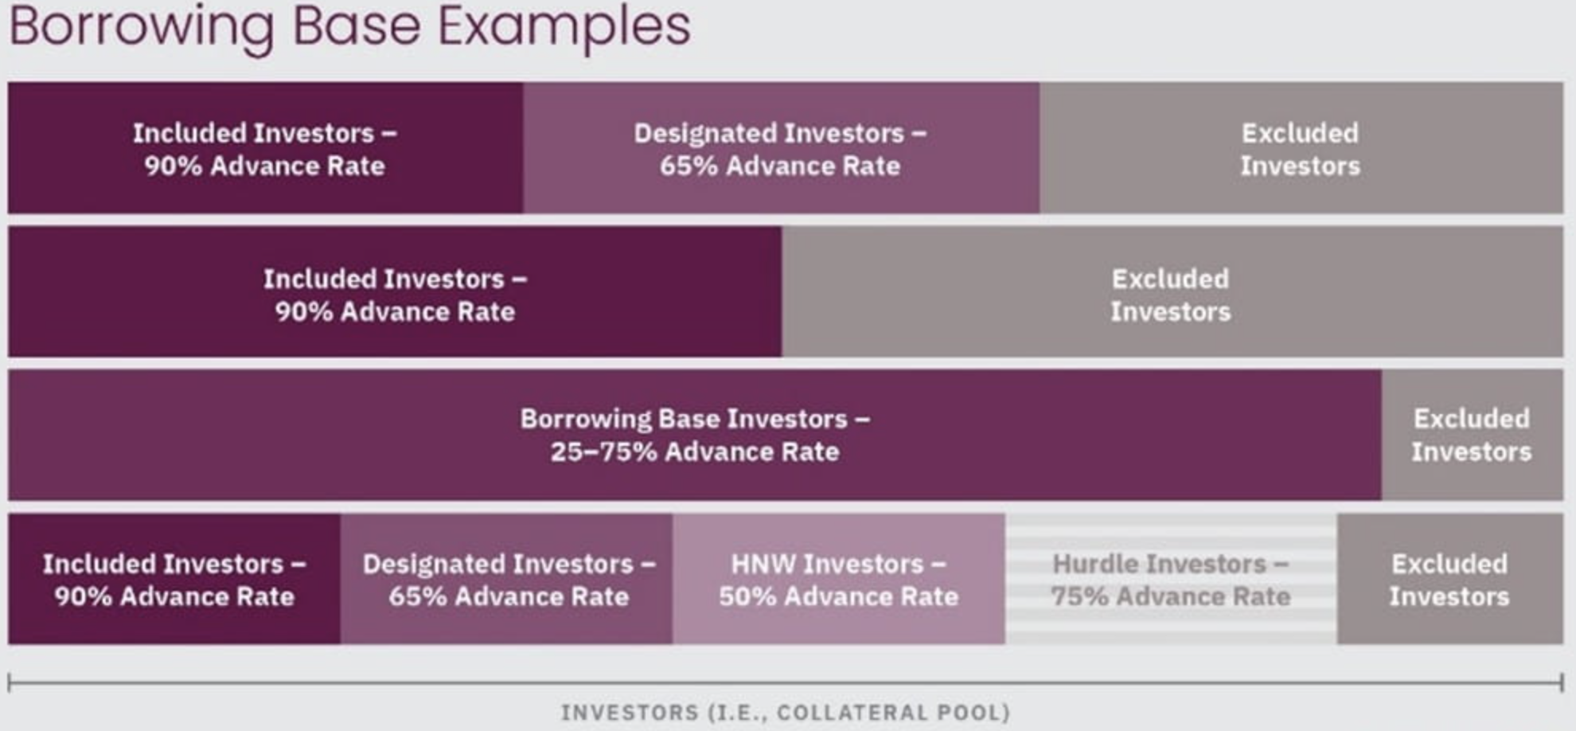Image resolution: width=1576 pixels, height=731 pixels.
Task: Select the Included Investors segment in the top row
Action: [266, 148]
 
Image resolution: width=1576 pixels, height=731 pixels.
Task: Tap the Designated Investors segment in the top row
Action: [782, 148]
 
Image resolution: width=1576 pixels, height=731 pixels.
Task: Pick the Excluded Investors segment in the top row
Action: [1301, 148]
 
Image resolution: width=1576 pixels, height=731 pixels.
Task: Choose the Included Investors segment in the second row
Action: [395, 292]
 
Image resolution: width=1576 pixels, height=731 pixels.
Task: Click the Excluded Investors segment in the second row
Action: [1172, 292]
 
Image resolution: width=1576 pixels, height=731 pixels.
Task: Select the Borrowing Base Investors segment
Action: [695, 435]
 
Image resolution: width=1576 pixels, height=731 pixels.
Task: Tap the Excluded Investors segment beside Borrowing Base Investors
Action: [1473, 435]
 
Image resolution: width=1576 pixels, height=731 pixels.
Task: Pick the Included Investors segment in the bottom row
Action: [174, 579]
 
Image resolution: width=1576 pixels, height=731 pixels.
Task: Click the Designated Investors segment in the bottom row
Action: [506, 579]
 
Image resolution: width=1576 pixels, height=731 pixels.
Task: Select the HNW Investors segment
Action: [839, 579]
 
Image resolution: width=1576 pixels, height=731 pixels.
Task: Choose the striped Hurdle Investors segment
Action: [1171, 579]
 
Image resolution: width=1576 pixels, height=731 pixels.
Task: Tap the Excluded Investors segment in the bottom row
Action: [1450, 579]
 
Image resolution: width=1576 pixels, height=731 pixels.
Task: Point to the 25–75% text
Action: [603, 451]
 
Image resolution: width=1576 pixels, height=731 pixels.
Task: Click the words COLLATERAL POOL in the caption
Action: [893, 713]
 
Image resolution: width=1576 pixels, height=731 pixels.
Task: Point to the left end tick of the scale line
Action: [9, 682]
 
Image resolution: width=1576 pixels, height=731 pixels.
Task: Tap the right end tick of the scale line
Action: [1562, 682]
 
